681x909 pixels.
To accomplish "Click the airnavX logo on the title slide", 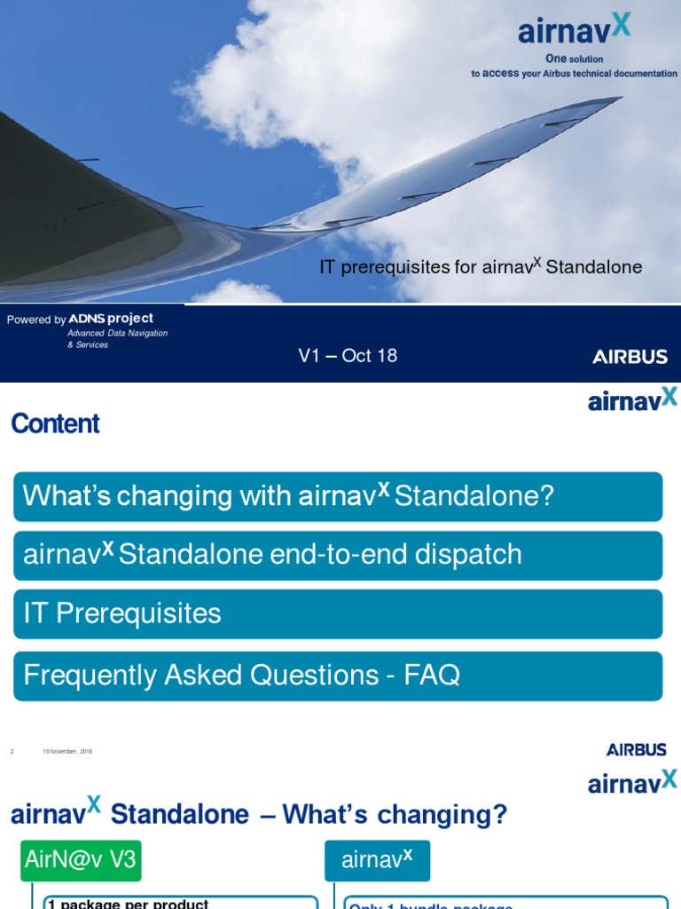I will point(575,29).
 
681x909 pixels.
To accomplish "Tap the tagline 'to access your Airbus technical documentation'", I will point(574,74).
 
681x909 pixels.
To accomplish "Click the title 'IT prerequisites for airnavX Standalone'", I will point(480,266).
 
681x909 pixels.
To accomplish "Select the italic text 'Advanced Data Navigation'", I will point(117,333).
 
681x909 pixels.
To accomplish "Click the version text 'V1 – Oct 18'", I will point(347,356).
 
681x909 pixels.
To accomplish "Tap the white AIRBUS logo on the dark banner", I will point(630,357).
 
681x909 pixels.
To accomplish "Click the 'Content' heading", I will point(55,424).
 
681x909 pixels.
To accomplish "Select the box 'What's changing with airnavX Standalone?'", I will point(338,496).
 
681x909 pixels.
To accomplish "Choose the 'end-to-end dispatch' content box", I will point(338,556).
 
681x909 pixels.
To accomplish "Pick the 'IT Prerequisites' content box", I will point(338,613).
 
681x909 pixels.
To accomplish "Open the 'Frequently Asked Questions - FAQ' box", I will point(338,676).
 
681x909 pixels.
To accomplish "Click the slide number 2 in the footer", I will point(12,752).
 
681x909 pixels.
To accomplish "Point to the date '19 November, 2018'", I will point(67,752).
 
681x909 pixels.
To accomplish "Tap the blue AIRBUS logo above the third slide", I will point(636,750).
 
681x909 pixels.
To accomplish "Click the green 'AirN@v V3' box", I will point(81,860).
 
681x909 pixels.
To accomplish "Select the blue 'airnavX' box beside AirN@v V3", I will point(377,860).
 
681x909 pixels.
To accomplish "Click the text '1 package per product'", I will point(129,904).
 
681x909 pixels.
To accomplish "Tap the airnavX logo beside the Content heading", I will point(632,400).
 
